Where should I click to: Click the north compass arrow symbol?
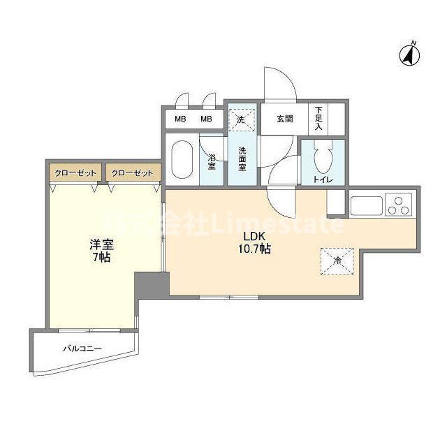click(408, 54)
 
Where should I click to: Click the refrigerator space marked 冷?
click(337, 261)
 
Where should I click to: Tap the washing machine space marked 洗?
click(241, 119)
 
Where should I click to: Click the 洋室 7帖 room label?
click(101, 251)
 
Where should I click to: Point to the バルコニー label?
click(82, 347)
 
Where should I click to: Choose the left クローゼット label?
click(73, 172)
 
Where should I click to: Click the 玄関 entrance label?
click(284, 119)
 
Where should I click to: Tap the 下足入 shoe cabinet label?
click(318, 119)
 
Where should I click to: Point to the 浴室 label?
click(212, 162)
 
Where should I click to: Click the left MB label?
click(180, 119)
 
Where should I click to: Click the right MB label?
click(206, 119)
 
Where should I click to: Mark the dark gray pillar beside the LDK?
click(152, 284)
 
